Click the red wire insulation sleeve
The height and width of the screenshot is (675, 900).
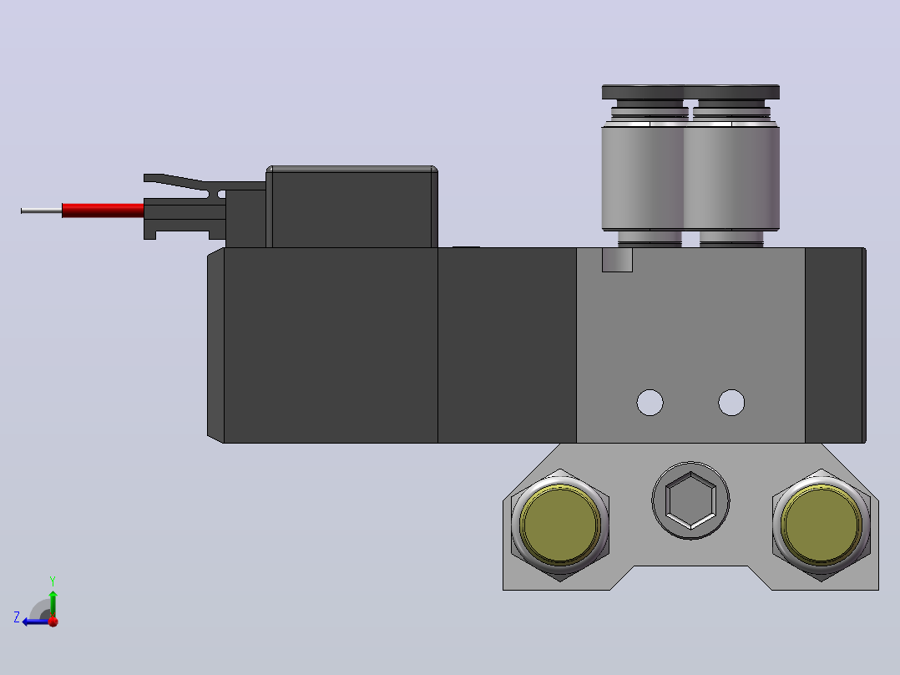pos(103,211)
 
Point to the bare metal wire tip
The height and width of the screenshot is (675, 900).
pos(42,211)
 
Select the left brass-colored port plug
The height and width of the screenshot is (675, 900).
pos(559,525)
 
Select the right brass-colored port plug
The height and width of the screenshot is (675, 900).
pos(822,525)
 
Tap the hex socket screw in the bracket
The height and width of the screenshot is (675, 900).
pos(690,500)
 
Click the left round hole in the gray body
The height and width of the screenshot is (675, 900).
pos(650,403)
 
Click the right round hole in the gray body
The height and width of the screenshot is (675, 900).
pos(731,403)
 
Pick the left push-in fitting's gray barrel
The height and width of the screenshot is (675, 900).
pos(643,177)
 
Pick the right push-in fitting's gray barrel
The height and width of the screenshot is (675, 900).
pos(732,177)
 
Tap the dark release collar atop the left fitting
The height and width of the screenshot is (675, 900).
pos(643,92)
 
